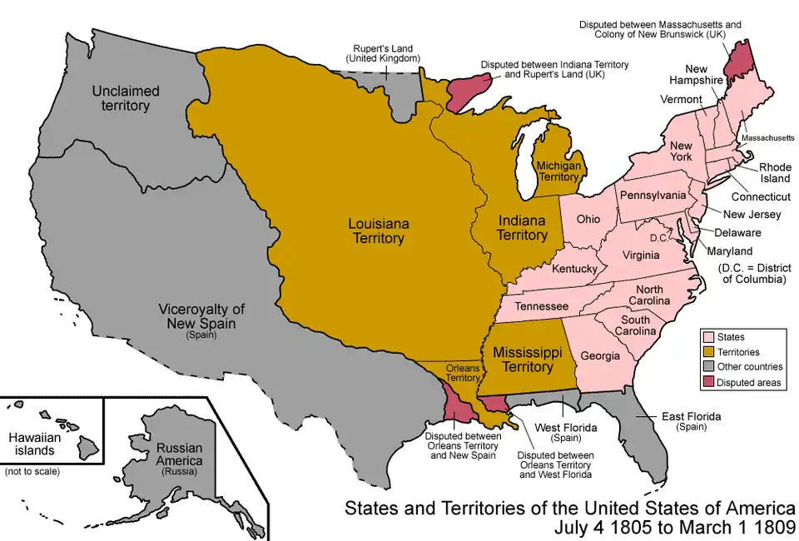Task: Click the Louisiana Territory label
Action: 376,231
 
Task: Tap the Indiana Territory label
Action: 522,228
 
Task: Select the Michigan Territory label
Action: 558,171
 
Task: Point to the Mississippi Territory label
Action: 529,359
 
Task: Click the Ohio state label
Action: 588,220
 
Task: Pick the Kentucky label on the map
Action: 574,269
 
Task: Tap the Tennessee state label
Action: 541,306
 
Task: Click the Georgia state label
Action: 601,355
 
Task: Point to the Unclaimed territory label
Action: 122,97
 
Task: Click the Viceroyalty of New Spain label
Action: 201,316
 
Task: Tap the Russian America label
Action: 179,454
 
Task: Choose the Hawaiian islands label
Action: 32,444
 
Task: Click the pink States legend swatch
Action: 709,337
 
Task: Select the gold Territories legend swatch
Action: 709,352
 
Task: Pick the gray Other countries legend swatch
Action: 709,367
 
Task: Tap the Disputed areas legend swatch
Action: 709,382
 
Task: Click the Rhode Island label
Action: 775,172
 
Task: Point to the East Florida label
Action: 691,420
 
